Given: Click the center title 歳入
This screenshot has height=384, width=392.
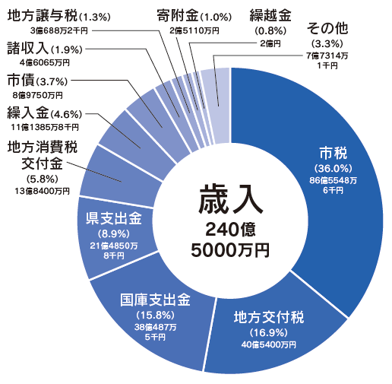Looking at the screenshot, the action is click(231, 199).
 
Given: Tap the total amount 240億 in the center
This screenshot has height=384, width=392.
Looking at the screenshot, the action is click(230, 230).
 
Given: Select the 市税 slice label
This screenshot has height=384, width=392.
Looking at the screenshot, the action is click(333, 153).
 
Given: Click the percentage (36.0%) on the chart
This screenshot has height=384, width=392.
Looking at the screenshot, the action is click(334, 168).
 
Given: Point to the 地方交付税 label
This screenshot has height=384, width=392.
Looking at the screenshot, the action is click(269, 317).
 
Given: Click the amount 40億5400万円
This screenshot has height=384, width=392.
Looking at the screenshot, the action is click(269, 344).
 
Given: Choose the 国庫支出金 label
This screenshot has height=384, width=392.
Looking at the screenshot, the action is click(155, 300).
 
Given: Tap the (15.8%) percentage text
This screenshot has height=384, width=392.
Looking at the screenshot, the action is click(155, 316).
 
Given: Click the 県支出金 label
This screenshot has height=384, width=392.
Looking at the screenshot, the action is click(114, 218).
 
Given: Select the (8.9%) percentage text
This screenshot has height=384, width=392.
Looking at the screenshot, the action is click(114, 233).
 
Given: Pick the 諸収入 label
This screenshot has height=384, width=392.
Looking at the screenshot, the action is click(28, 48).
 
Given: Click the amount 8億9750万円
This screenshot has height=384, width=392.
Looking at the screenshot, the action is click(38, 95).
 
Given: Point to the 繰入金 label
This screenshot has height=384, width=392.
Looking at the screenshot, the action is click(28, 113).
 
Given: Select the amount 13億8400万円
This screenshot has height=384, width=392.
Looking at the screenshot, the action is click(42, 191).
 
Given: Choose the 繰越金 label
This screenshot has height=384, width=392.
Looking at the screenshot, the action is click(270, 15).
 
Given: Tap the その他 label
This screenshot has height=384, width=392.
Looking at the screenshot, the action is click(327, 28).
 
